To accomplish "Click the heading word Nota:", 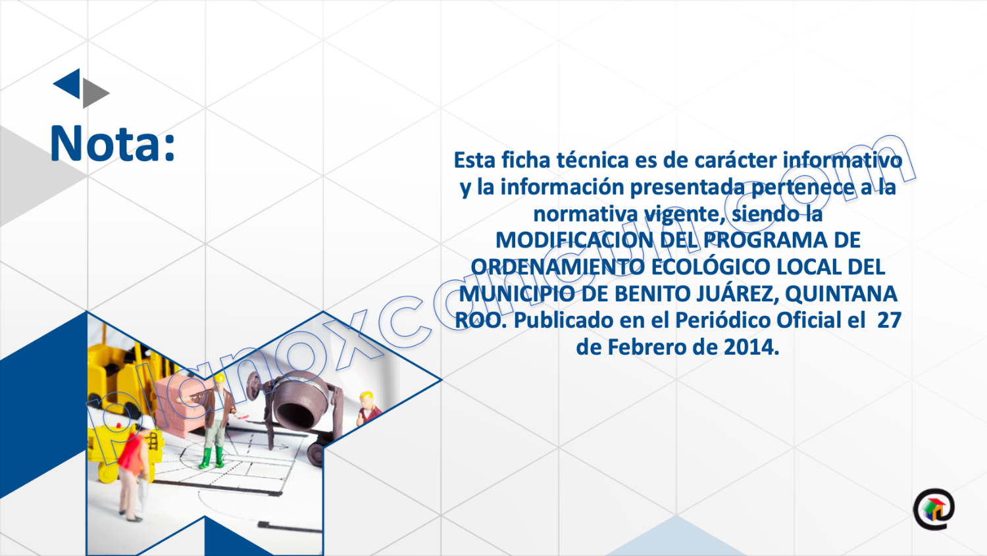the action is (113, 143).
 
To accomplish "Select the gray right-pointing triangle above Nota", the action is (94, 93).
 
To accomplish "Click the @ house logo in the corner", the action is (934, 509).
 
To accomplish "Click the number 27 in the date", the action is (889, 320).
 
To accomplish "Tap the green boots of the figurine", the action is (211, 458).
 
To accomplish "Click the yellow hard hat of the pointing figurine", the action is (219, 378).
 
